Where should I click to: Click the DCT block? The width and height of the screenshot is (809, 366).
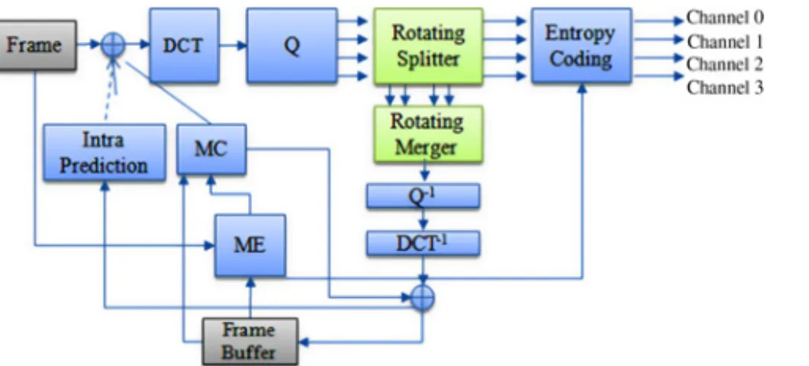[x=184, y=45]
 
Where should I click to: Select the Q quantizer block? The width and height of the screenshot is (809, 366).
[x=292, y=45]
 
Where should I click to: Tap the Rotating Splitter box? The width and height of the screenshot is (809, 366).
[x=428, y=45]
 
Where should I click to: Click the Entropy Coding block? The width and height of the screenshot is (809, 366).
[x=582, y=45]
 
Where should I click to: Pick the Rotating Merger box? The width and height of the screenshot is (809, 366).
[x=428, y=134]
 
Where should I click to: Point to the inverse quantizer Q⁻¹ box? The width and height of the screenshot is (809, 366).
[x=423, y=196]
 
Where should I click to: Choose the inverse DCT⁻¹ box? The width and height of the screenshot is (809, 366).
[x=423, y=244]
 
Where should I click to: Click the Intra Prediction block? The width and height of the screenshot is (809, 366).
[x=105, y=152]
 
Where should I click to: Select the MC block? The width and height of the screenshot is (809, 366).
[x=211, y=149]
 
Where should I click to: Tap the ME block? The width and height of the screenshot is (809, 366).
[x=250, y=245]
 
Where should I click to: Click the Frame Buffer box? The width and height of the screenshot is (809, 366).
[x=250, y=342]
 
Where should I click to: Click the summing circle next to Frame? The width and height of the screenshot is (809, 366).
[x=112, y=45]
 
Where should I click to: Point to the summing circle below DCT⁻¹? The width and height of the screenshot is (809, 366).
[x=423, y=298]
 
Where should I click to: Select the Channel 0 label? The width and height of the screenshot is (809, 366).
[x=725, y=18]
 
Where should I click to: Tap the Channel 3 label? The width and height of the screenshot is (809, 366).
[x=725, y=88]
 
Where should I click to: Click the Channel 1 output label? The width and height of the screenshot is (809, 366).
[x=725, y=41]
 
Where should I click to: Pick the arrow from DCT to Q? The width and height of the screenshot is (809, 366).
[x=234, y=45]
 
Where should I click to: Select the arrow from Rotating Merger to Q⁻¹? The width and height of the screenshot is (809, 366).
[x=425, y=173]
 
